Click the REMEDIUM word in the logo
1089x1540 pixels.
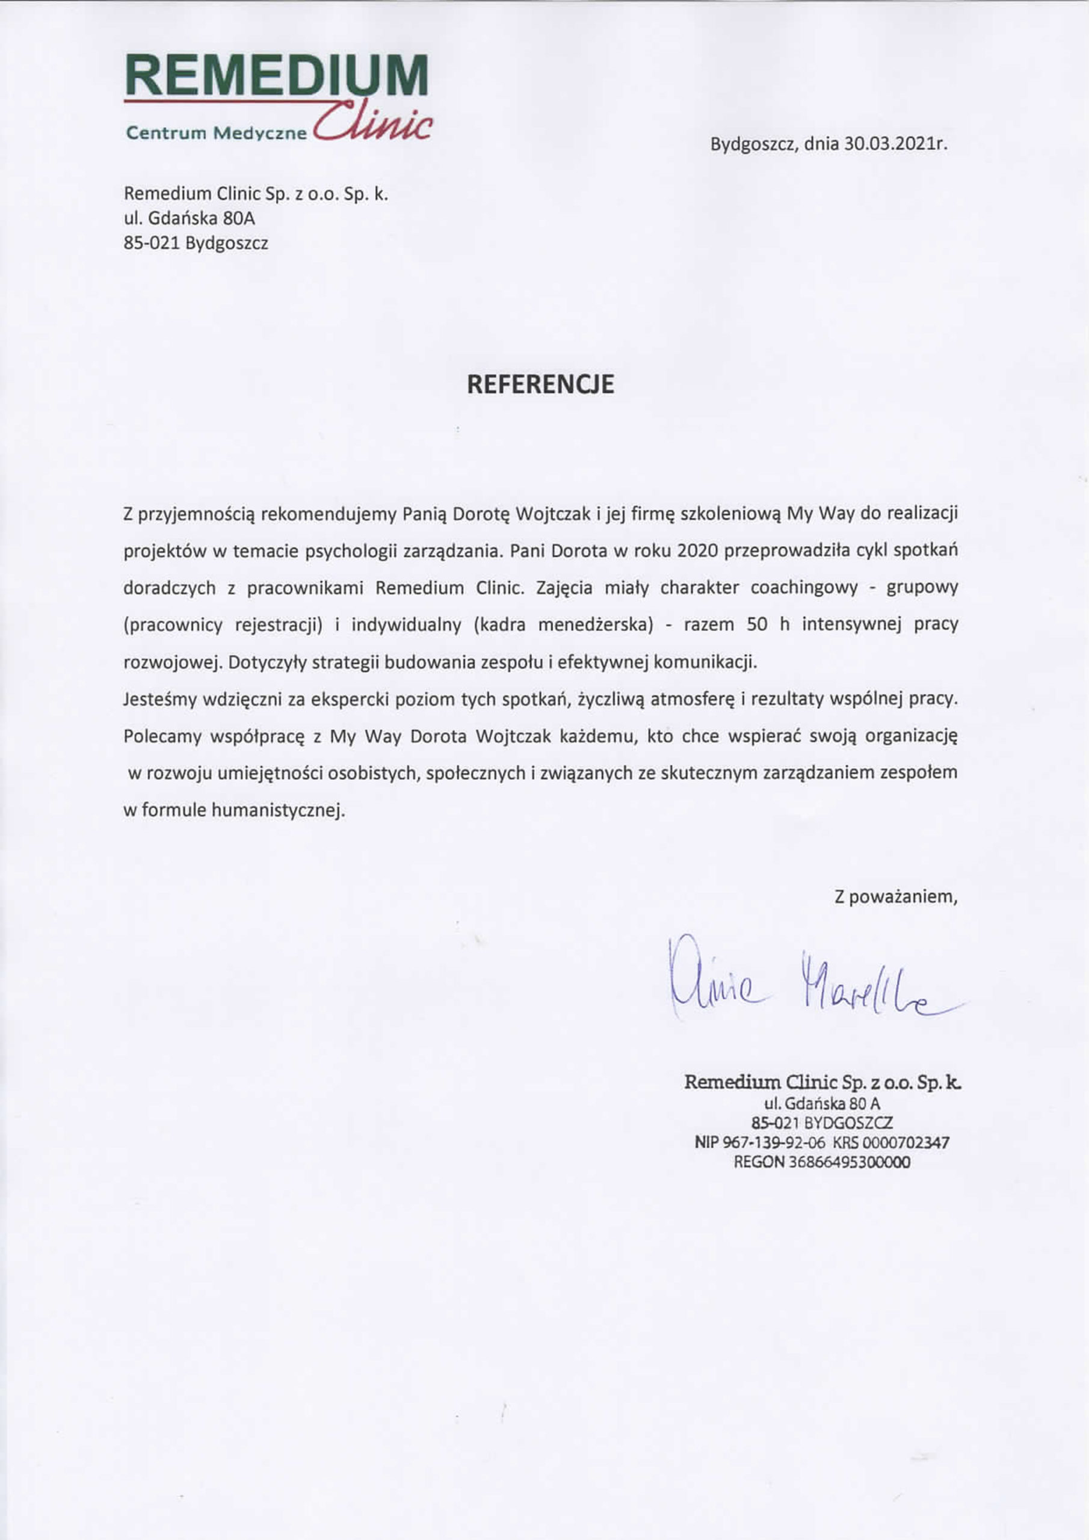[x=276, y=75]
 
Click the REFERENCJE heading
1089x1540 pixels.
[x=540, y=384]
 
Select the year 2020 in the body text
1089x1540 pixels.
[x=697, y=550]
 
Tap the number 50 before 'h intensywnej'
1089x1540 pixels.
[x=756, y=624]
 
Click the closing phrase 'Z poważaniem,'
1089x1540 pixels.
[x=896, y=897]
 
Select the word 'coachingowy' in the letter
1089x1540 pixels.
[x=804, y=588]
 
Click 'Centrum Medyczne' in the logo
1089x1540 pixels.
[x=216, y=133]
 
